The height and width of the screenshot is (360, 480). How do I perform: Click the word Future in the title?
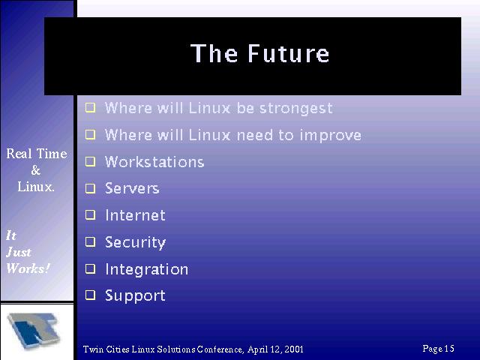coord(288,53)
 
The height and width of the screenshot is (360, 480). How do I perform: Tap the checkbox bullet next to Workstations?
coord(90,161)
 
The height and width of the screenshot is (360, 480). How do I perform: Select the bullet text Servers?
coord(132,188)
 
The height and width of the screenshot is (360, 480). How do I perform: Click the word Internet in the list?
coord(135,215)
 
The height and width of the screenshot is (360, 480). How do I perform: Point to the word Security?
coord(135,242)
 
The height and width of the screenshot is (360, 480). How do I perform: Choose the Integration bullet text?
coord(147,270)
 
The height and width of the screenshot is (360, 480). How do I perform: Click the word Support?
coord(135,296)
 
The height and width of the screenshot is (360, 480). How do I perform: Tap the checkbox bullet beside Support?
coord(90,295)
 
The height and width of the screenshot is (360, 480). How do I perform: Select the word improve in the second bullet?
coord(330,135)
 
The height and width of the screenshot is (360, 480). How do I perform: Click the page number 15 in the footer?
coord(449,348)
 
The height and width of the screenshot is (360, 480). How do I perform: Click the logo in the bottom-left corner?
coord(34,331)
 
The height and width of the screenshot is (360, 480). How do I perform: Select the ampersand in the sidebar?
coord(35,170)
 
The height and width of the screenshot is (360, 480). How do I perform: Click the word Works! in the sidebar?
coord(28,268)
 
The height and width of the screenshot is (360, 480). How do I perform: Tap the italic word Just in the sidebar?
coord(18,252)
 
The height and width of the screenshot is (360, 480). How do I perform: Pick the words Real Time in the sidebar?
coord(37,154)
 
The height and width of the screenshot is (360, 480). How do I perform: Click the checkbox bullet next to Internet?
coord(90,214)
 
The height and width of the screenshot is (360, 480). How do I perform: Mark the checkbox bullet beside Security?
coord(90,241)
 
